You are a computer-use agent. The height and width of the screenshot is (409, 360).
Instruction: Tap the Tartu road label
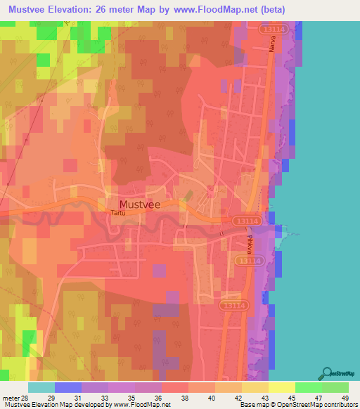(x=119, y=212)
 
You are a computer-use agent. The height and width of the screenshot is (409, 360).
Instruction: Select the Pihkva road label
(x=250, y=245)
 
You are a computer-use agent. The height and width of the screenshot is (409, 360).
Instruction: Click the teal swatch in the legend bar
(x=41, y=388)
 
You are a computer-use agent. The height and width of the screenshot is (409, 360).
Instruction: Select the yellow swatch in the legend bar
(x=281, y=388)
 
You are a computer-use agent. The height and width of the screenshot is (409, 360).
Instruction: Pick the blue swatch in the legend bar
(x=67, y=388)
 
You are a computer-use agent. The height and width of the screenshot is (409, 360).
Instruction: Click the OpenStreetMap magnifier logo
(x=327, y=372)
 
